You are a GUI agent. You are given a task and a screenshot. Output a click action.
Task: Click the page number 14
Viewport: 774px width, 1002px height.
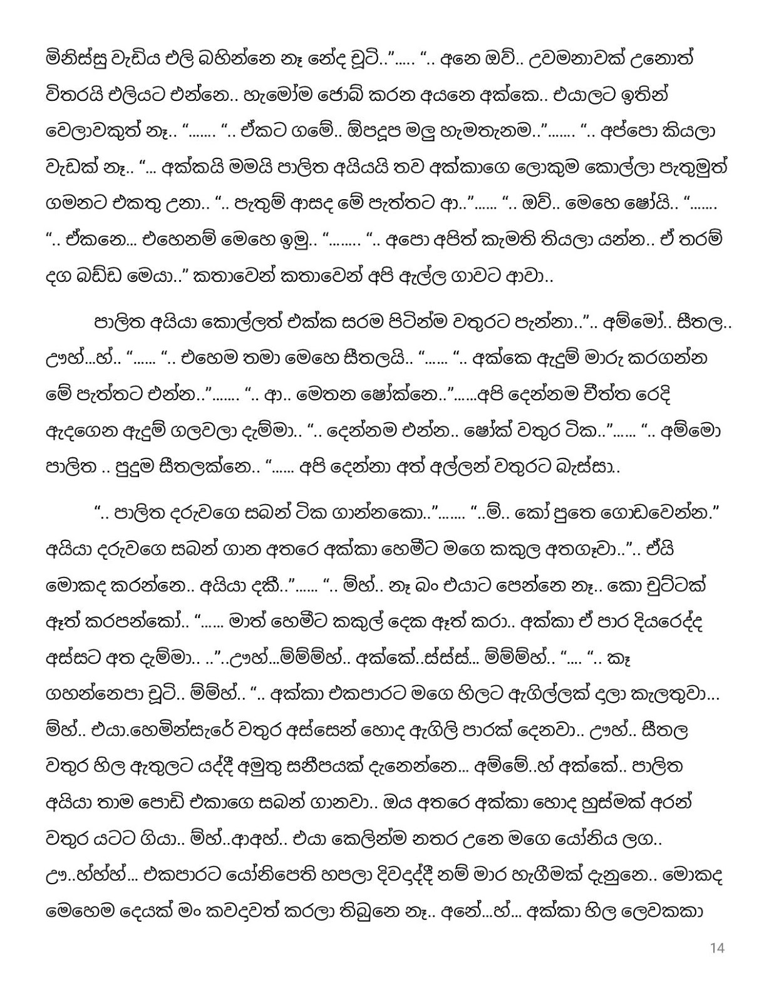point(718,948)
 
